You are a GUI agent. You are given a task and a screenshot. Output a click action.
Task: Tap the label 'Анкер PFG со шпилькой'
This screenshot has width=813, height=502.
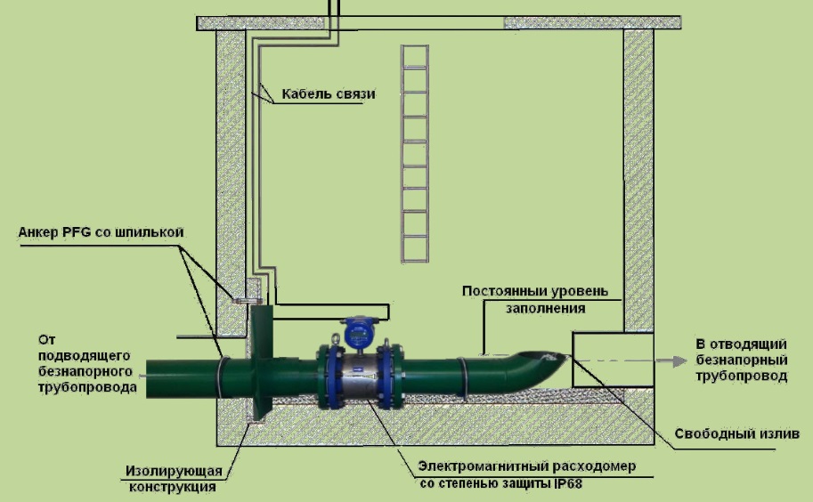click(x=100, y=232)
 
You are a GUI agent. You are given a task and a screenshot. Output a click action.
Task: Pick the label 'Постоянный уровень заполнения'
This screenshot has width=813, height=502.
click(x=534, y=300)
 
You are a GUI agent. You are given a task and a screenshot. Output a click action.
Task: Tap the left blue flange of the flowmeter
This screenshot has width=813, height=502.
click(x=329, y=377)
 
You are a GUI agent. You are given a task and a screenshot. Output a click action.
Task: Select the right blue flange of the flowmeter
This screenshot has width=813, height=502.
click(x=387, y=377)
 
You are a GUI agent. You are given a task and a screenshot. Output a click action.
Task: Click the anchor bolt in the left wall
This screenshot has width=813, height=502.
click(x=238, y=300)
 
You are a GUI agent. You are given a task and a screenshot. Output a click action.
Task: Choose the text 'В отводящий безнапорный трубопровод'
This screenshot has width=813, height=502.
click(x=740, y=360)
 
